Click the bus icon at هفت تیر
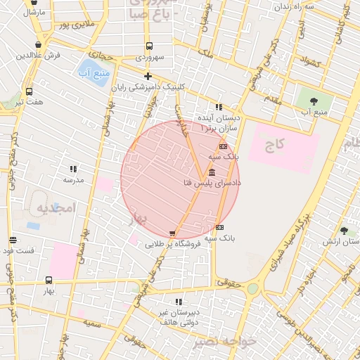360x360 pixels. tap(29, 91)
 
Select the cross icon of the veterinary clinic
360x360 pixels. tap(148, 77)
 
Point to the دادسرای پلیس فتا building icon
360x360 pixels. tap(212, 173)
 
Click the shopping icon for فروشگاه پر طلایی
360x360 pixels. tap(172, 233)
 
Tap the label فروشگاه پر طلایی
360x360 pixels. tap(173, 244)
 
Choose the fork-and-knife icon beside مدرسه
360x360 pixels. tap(74, 169)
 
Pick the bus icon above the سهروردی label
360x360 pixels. tap(148, 46)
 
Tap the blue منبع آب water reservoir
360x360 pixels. tap(92, 73)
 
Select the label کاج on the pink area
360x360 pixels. tap(275, 146)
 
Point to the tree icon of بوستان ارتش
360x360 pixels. tap(343, 231)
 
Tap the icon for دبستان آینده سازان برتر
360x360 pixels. tap(219, 108)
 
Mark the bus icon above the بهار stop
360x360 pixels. tap(49, 280)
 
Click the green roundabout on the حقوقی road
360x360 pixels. tap(252, 288)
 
